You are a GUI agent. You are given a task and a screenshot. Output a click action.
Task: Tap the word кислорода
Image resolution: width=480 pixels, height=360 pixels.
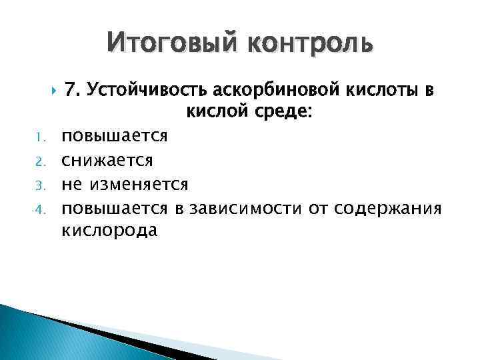(110, 231)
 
